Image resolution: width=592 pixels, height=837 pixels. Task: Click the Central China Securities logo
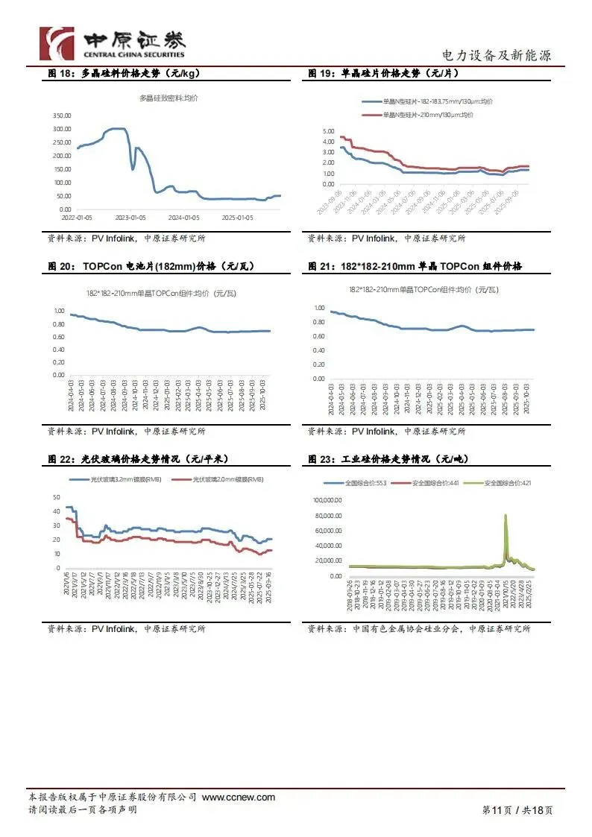click(x=112, y=43)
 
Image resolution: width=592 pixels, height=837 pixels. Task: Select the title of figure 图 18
click(x=124, y=74)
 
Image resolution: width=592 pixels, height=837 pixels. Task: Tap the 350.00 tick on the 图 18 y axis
click(x=62, y=116)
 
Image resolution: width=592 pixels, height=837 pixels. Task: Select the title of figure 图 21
click(x=415, y=266)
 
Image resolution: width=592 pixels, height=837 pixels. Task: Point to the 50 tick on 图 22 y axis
click(x=56, y=497)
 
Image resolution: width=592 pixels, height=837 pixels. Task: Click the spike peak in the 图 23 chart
click(x=506, y=516)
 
